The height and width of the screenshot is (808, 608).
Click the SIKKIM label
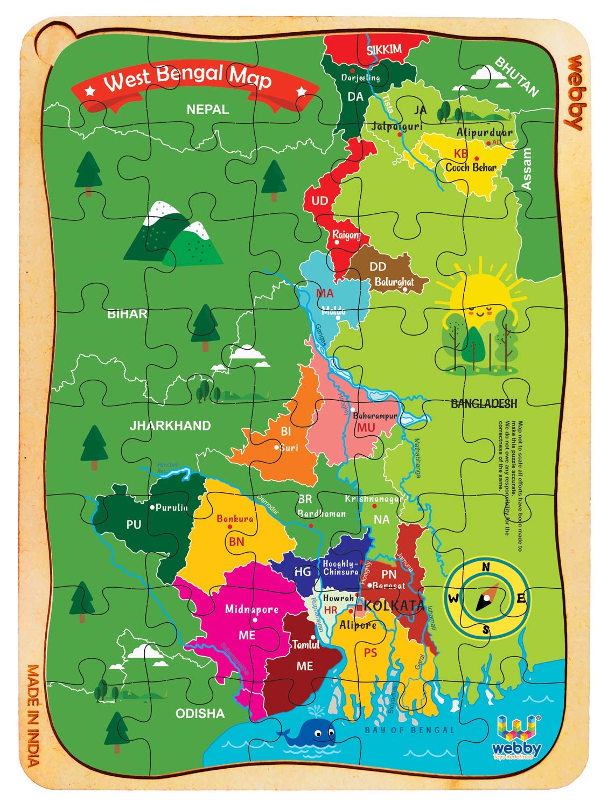pos(384,50)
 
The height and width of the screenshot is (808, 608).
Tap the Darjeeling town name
pos(360,78)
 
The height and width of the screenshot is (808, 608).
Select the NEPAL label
pos(207,109)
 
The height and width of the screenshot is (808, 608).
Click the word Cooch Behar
pos(470,167)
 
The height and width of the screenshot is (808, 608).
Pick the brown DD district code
pos(378,266)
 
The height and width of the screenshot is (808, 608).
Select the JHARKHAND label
pos(170,426)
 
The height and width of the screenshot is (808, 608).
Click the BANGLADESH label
pos(483,403)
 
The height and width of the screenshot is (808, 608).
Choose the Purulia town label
pos(171,507)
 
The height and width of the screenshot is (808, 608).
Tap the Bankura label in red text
pos(235,519)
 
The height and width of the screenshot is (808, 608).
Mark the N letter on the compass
pos(485,566)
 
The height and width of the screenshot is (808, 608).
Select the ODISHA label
pos(200,713)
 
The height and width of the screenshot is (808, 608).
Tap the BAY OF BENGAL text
pos(409,730)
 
